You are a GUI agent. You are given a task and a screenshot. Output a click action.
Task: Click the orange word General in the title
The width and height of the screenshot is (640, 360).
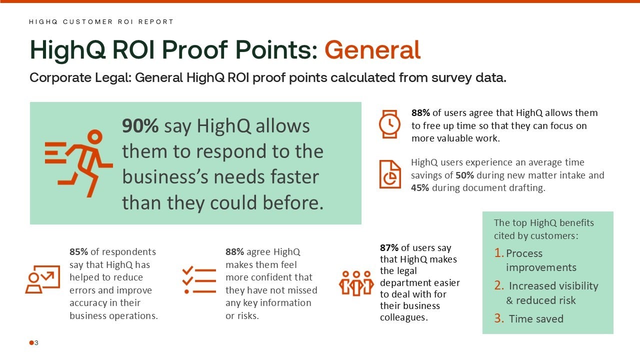(372, 49)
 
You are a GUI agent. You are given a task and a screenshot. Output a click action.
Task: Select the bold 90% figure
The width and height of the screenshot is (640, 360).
(140, 125)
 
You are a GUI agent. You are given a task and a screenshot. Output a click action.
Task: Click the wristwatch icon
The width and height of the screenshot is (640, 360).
(389, 124)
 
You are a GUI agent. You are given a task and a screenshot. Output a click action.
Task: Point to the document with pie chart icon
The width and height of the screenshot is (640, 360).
(390, 174)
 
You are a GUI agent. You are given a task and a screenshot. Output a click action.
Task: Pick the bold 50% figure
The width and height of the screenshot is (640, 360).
(464, 175)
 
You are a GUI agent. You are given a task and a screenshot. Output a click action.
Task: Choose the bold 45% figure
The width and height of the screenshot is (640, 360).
(420, 187)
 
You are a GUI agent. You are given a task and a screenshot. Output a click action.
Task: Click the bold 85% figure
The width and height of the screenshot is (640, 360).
(78, 251)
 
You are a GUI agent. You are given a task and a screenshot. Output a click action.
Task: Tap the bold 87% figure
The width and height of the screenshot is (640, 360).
(389, 247)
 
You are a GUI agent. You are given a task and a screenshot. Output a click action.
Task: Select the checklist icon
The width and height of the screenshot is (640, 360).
(199, 280)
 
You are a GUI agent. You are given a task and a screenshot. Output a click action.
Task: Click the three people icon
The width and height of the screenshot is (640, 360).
(356, 283)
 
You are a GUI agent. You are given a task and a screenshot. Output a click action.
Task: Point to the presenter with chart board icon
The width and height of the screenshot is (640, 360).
(43, 279)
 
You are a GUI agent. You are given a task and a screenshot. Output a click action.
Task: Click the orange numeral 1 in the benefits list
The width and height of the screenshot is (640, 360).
(498, 253)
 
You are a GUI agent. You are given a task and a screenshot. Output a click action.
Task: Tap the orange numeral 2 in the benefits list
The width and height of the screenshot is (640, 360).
(499, 285)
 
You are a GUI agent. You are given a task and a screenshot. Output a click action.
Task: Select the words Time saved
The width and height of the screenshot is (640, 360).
(536, 318)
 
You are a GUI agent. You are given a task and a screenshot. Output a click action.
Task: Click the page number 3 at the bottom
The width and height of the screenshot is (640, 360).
(36, 342)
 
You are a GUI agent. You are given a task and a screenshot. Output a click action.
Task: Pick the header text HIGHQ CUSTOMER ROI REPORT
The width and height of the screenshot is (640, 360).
(101, 21)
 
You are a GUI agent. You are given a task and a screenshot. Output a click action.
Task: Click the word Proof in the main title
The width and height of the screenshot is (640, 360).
(195, 49)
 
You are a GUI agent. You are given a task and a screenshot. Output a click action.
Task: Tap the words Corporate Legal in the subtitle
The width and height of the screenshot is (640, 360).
(80, 77)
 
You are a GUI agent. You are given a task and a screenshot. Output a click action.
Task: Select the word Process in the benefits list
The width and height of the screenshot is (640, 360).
(524, 253)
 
